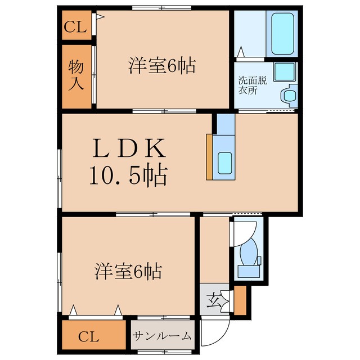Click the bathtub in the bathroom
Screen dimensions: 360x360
(x=282, y=34)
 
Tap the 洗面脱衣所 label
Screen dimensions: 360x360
(x=253, y=85)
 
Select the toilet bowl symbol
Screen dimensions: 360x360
(x=249, y=252)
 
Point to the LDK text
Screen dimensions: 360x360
(x=129, y=148)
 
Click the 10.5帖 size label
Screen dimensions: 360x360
(x=129, y=175)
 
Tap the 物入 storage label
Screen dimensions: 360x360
(x=76, y=75)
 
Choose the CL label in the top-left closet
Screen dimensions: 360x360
(x=75, y=27)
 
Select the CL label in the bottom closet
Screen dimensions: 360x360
(x=89, y=337)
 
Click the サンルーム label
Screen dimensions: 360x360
(x=162, y=336)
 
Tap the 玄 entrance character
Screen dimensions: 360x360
(x=213, y=300)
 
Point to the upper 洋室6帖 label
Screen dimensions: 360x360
(x=162, y=66)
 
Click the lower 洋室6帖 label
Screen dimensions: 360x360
(x=128, y=271)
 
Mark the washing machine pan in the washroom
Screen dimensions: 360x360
(x=285, y=71)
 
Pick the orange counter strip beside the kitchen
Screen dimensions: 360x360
(x=209, y=157)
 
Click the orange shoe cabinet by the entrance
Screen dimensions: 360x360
(x=240, y=300)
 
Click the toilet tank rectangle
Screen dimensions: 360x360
(x=249, y=271)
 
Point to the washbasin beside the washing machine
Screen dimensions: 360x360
(x=289, y=96)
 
